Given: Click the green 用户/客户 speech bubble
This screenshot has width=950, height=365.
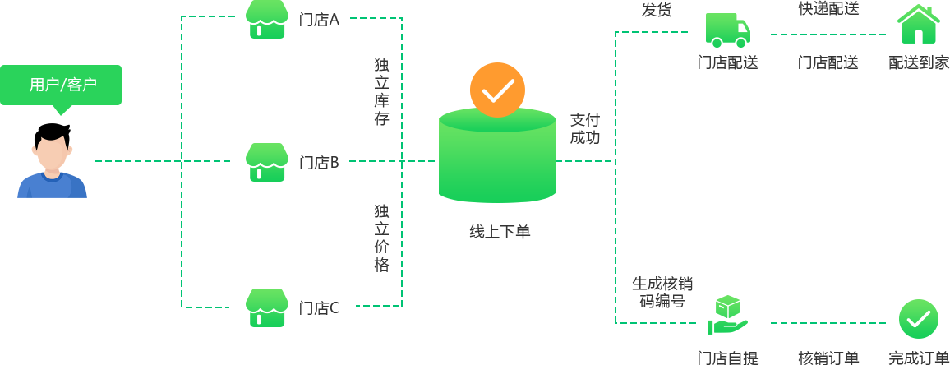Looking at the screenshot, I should (x=61, y=85).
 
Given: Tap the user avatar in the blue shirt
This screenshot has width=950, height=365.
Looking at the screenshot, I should (x=52, y=164).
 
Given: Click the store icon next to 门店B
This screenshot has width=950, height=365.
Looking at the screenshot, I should (x=267, y=162).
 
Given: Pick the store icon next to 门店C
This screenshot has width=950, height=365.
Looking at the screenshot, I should (x=267, y=307).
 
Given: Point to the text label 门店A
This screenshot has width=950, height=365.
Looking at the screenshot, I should (x=319, y=19).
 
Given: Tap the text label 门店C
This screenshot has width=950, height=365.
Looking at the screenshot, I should (x=319, y=308).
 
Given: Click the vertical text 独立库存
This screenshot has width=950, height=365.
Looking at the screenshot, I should (x=381, y=91).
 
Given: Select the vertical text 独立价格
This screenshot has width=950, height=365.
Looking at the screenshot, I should (x=381, y=238).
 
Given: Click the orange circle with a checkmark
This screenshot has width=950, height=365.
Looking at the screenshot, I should (x=497, y=90).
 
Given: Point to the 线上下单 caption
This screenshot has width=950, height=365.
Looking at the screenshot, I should (x=500, y=232).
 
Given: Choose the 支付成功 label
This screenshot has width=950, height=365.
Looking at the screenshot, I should (x=585, y=128).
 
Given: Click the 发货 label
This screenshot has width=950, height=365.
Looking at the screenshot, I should (x=657, y=10).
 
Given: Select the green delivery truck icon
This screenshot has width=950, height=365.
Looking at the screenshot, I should (x=727, y=30).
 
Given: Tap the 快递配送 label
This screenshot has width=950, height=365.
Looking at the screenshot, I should (x=828, y=9).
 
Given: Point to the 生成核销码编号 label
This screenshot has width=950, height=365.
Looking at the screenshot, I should (x=662, y=292).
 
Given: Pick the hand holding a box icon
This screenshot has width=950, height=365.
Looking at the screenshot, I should (x=728, y=316).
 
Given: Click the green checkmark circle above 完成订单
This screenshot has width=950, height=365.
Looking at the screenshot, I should (x=918, y=319).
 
